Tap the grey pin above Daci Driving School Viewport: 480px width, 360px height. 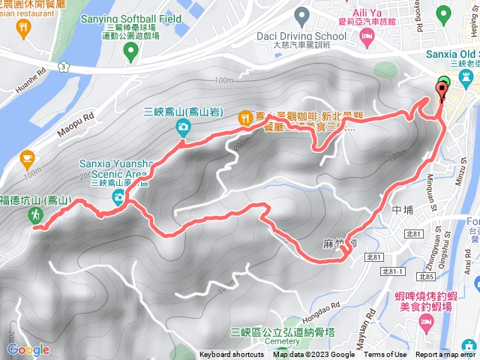(x=302, y=14)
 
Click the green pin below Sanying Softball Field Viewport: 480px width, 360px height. (x=130, y=51)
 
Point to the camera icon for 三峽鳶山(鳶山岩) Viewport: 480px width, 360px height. (x=183, y=128)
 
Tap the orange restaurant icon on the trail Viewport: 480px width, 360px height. (x=245, y=118)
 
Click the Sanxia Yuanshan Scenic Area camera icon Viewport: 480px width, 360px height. (x=118, y=197)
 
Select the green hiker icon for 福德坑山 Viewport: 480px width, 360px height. (x=34, y=215)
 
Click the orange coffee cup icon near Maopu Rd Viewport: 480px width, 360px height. (x=28, y=158)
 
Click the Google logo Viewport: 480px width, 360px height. (x=28, y=349)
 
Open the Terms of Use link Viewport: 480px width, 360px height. (x=385, y=355)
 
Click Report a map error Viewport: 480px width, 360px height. (x=445, y=355)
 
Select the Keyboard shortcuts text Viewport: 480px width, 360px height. (x=231, y=355)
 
